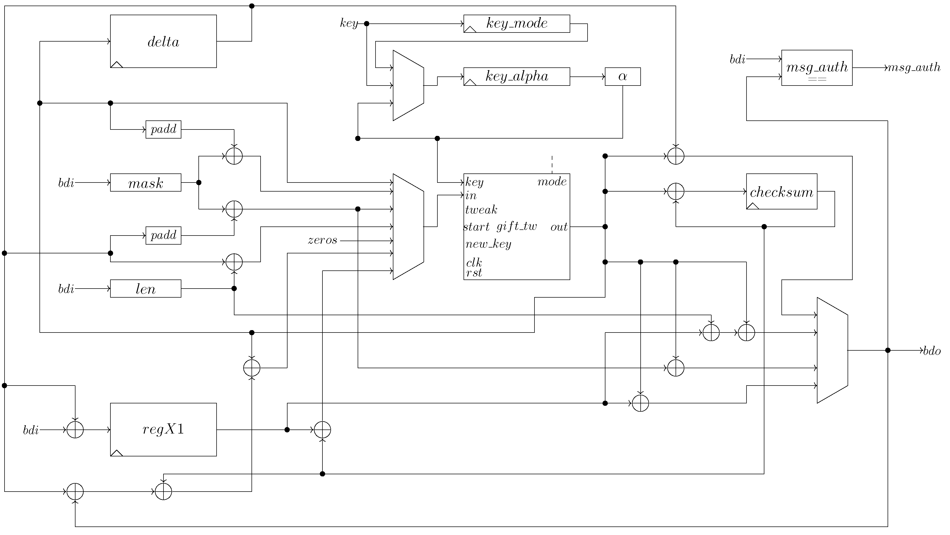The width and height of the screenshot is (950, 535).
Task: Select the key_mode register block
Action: click(516, 24)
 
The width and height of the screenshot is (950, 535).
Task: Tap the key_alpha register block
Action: click(516, 77)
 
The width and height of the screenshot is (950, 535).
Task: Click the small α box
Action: click(622, 77)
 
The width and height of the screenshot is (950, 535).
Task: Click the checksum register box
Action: click(781, 191)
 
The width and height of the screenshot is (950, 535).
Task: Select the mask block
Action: click(145, 183)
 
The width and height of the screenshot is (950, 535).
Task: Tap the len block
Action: click(145, 289)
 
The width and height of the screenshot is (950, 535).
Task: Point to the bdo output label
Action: click(932, 351)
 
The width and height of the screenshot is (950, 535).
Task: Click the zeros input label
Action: click(322, 241)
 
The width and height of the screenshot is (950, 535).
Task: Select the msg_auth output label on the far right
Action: click(914, 68)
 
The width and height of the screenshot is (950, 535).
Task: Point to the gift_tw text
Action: click(516, 226)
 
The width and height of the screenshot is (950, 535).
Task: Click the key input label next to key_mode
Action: click(349, 24)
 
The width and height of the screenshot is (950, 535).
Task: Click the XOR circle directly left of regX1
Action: click(75, 429)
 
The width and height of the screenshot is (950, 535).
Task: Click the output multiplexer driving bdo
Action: click(832, 350)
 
